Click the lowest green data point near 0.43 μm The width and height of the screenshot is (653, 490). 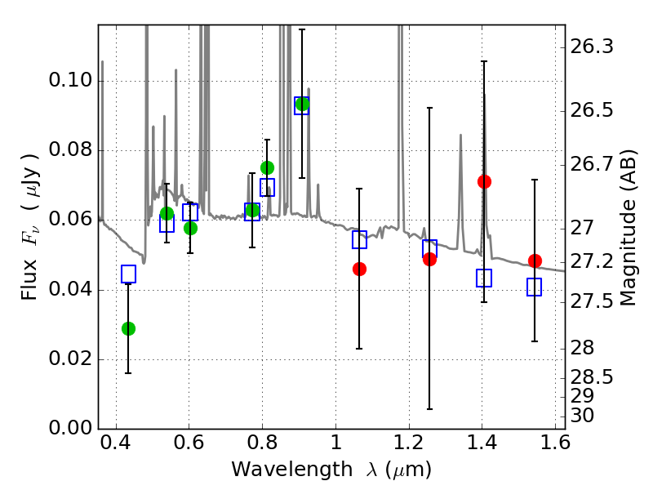click(128, 328)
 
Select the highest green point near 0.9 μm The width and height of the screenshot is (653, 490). click(302, 104)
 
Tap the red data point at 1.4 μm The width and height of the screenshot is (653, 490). click(484, 181)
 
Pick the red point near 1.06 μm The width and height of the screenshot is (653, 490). click(359, 269)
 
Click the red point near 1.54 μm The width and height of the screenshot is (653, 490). click(535, 261)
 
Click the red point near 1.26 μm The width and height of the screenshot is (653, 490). click(429, 259)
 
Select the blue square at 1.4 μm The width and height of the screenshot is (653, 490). click(484, 278)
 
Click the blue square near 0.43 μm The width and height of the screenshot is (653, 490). click(128, 274)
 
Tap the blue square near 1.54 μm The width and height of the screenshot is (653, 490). click(535, 287)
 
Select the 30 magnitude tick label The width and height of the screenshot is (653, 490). click(583, 416)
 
